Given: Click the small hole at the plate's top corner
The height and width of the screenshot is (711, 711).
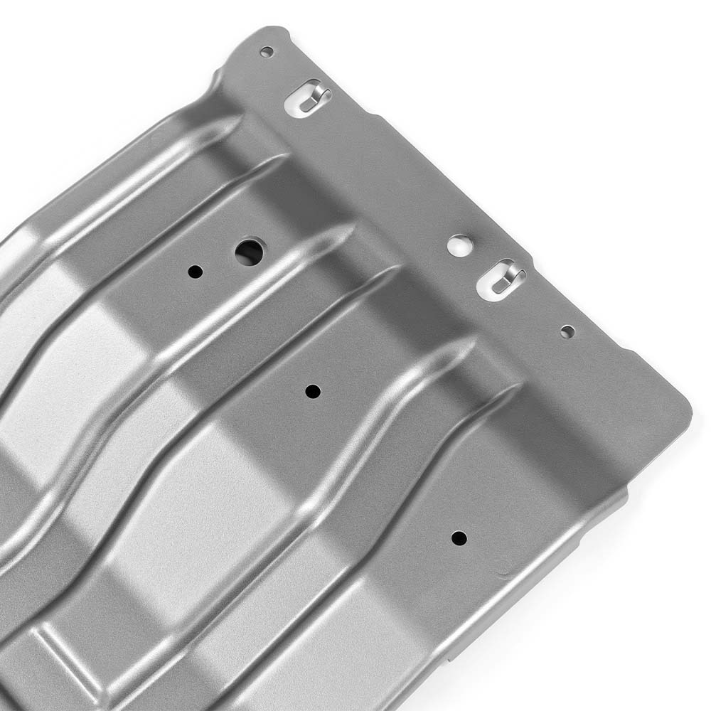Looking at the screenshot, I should coord(267,52).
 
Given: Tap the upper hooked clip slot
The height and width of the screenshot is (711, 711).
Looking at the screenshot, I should coord(307,97).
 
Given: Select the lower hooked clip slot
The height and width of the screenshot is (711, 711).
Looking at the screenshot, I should coord(501,279).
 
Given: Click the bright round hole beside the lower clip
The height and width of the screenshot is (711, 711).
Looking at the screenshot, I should coord(460,246).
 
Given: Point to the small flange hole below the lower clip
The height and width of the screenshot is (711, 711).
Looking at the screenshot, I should coord(567,331).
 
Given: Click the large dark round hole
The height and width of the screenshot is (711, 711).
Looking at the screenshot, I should coord(249,252).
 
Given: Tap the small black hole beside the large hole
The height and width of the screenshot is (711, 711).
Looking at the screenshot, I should coord(196,271).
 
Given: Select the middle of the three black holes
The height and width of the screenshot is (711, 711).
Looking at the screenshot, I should coord(313,391).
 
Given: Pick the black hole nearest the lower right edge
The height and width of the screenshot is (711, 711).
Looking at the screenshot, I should coord(459,538).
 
